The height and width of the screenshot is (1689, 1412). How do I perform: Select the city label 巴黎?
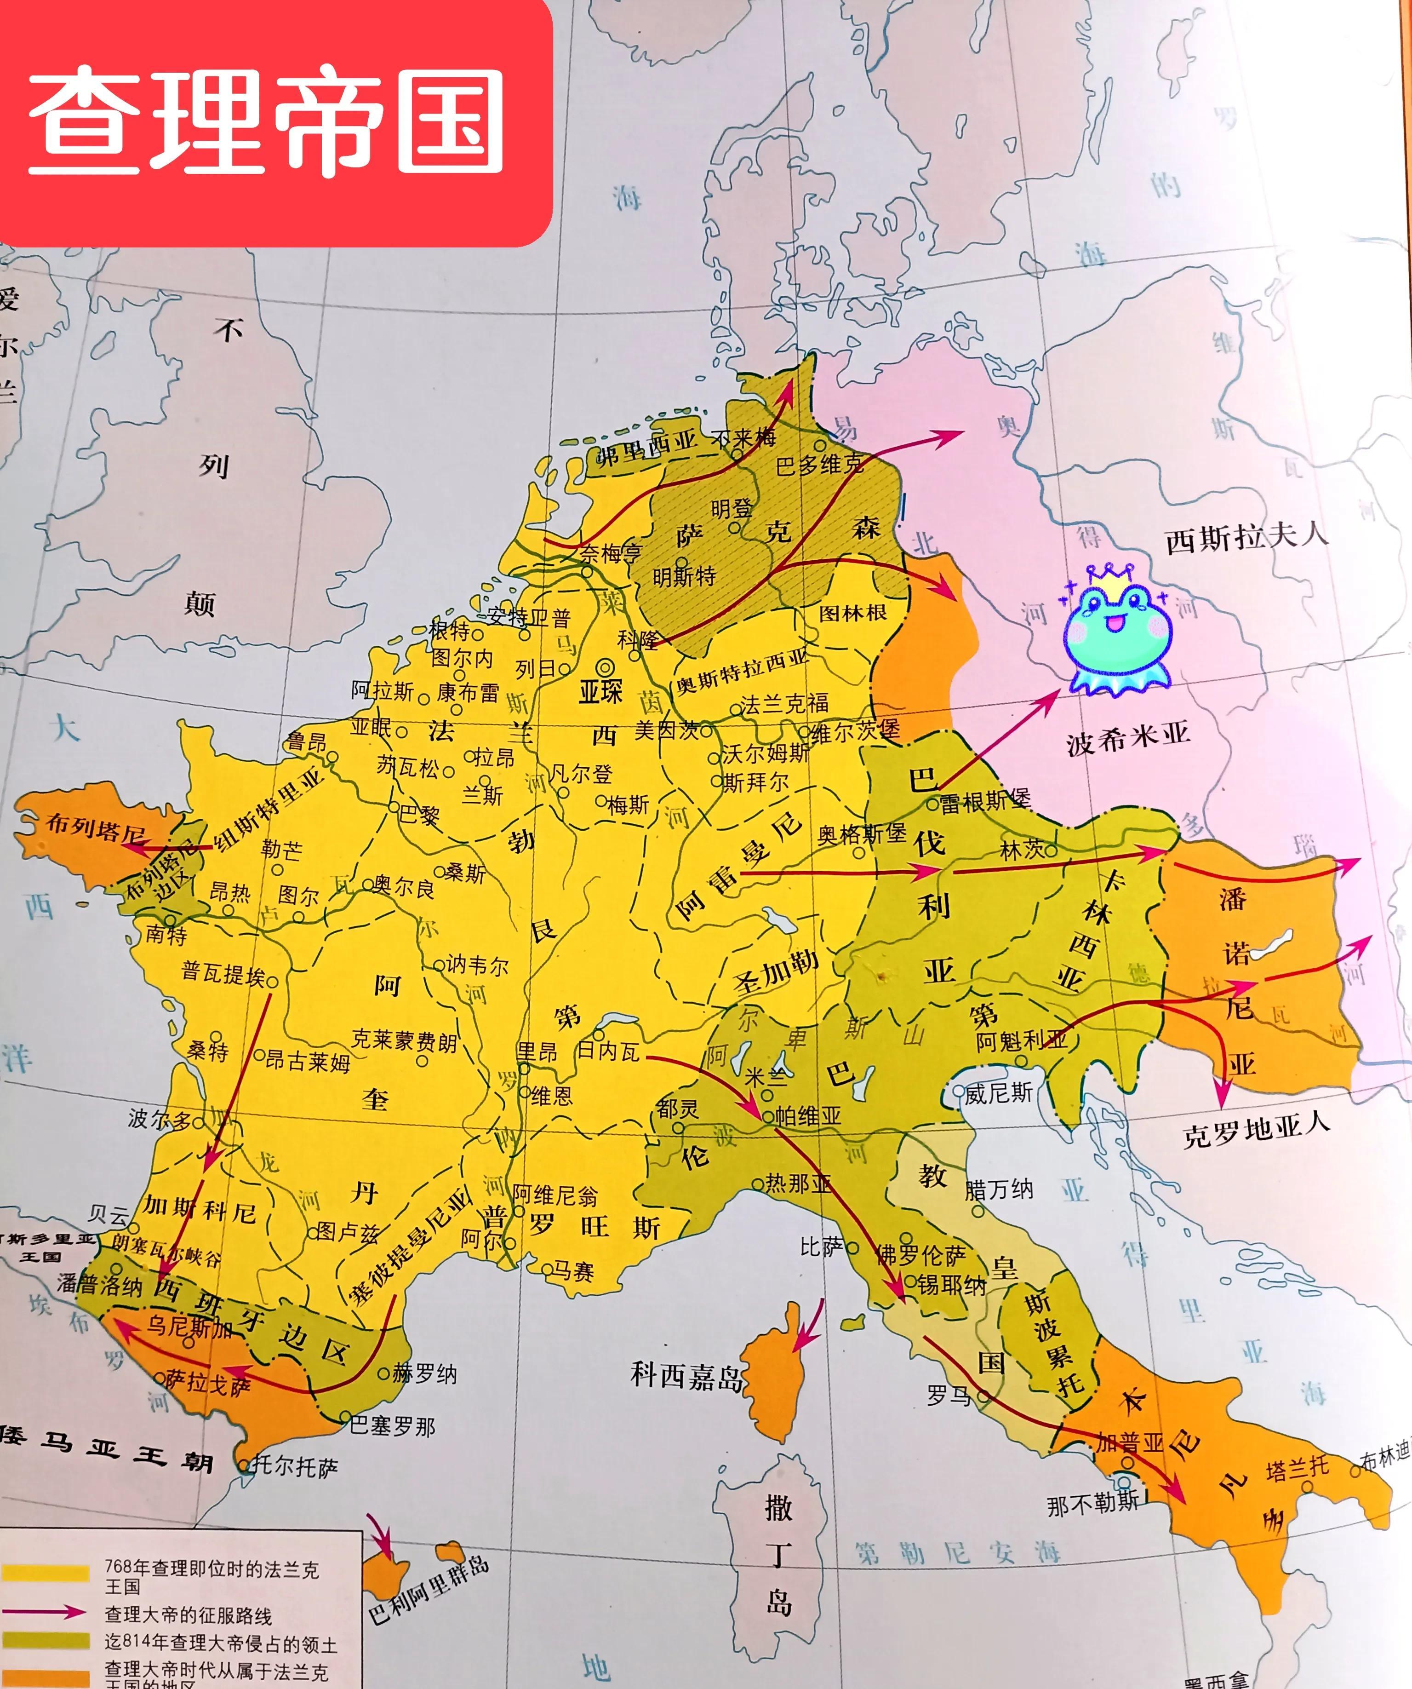click(420, 815)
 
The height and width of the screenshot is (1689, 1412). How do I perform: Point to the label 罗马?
click(949, 1396)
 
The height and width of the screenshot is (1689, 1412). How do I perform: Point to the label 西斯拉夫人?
click(1247, 537)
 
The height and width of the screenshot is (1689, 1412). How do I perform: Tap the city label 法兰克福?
click(784, 704)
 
